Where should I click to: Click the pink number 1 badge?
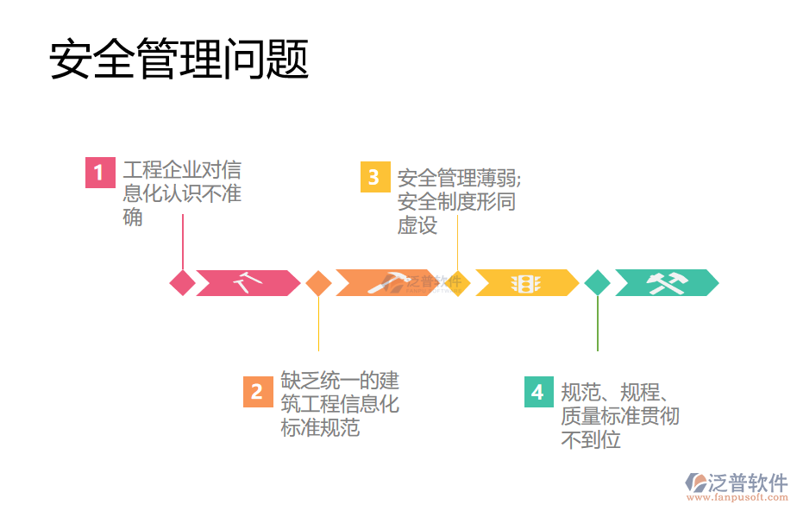(x=99, y=173)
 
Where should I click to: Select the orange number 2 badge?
(x=257, y=392)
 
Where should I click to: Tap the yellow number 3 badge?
(x=373, y=177)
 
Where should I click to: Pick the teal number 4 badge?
(x=538, y=392)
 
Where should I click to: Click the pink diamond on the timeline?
(x=183, y=282)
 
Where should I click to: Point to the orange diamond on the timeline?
(x=318, y=282)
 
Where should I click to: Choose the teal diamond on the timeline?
(x=597, y=282)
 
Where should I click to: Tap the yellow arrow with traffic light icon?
(x=525, y=282)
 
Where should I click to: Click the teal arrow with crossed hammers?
(x=666, y=282)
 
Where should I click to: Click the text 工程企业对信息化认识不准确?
(x=181, y=193)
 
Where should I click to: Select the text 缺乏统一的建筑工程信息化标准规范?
(x=339, y=403)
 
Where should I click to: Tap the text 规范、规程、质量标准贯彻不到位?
(x=619, y=416)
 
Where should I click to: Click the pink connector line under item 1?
(x=183, y=242)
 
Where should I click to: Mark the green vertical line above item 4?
(x=597, y=324)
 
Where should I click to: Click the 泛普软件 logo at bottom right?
(x=738, y=482)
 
